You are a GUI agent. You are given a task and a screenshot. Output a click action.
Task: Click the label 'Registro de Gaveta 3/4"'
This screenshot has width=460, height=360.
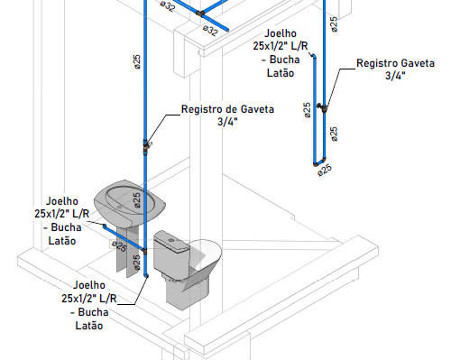tap(227, 115)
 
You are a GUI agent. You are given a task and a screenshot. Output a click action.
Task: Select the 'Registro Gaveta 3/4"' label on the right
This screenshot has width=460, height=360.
tap(395, 69)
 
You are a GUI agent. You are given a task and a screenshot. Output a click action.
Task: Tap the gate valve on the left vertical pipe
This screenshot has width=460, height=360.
tap(146, 147)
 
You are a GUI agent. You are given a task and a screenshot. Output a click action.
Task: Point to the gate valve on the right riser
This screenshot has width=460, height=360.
tap(322, 107)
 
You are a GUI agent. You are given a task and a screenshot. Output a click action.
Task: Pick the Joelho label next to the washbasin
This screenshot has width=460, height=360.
tap(62, 221)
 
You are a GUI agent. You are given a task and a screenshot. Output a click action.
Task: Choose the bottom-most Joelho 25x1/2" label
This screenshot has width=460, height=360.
tap(89, 305)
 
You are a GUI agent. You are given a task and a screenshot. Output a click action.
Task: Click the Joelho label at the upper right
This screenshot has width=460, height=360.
tap(281, 53)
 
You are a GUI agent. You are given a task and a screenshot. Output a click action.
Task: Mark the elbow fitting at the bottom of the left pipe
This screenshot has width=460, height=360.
tap(146, 275)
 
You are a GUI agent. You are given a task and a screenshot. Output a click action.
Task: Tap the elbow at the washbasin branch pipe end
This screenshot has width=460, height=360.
tap(105, 226)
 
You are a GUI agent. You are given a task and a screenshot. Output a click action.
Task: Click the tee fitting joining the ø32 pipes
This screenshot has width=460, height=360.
tap(200, 14)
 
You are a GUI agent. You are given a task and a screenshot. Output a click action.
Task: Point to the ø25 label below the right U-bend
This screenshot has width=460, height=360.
tap(325, 171)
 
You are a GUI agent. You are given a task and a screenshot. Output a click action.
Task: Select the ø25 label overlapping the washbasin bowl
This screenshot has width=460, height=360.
tap(137, 200)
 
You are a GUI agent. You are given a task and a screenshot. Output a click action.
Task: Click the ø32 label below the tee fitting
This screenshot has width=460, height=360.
tap(210, 31)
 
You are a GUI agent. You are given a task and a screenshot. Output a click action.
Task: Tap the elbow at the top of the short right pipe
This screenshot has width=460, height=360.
tap(314, 56)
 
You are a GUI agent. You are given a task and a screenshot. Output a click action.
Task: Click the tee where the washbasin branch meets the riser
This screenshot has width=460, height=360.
tap(144, 251)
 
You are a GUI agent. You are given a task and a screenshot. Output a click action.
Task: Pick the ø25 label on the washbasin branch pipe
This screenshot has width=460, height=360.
tap(119, 246)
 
